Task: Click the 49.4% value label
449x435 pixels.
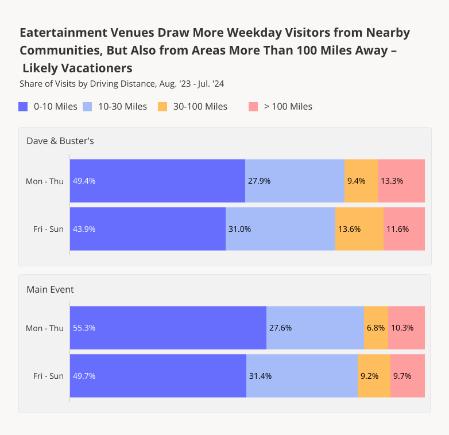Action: pos(84,181)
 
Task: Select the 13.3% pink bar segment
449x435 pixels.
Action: pos(401,181)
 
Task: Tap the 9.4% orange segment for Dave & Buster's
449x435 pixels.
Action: pos(361,181)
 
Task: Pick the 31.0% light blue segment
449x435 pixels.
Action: pos(280,229)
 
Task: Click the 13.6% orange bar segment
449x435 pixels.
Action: pos(359,229)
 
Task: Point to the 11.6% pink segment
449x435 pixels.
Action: pos(404,229)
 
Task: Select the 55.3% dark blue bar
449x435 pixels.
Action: pos(168,328)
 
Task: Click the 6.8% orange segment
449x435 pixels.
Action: pos(376,328)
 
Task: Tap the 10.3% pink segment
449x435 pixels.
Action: pos(406,328)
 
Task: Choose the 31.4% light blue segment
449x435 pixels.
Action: pos(302,376)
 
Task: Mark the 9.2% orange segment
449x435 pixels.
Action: pos(374,376)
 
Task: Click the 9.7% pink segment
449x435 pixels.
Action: pos(407,376)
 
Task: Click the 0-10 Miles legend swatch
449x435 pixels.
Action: pos(24,107)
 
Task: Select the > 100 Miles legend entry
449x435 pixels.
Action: pos(288,107)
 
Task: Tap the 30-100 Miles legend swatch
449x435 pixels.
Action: pos(162,107)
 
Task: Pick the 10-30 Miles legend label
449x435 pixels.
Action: pos(122,107)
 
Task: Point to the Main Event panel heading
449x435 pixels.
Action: pos(50,289)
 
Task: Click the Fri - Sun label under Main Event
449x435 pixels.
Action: pos(48,376)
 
